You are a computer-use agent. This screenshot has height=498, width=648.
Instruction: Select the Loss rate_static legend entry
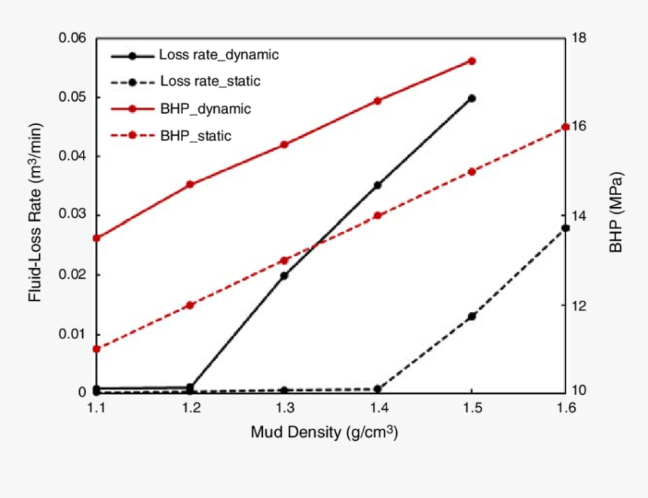point(210,81)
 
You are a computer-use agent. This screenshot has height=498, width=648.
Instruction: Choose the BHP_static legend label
point(195,136)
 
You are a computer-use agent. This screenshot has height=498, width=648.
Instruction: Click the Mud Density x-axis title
point(324,433)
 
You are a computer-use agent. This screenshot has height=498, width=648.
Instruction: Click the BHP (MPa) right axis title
point(616,215)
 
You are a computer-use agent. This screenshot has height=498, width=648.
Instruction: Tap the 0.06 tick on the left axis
point(72,38)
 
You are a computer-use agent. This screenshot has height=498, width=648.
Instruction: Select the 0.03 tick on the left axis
point(72,215)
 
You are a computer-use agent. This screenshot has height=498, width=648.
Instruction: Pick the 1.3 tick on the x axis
point(284,408)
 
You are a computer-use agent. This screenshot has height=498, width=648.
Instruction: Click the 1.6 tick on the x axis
point(565,408)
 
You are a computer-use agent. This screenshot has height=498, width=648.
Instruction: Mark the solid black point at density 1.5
point(472,98)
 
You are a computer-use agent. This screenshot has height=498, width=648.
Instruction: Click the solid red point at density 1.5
point(472,61)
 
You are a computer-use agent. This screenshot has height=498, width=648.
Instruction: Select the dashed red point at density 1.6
point(566,127)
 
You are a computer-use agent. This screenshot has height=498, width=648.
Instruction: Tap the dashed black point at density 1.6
point(565,228)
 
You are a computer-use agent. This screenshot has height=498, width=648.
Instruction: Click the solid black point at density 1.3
point(284,276)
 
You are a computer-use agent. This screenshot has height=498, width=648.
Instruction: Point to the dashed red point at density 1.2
point(191,305)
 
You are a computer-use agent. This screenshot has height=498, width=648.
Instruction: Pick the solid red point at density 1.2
point(191,185)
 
